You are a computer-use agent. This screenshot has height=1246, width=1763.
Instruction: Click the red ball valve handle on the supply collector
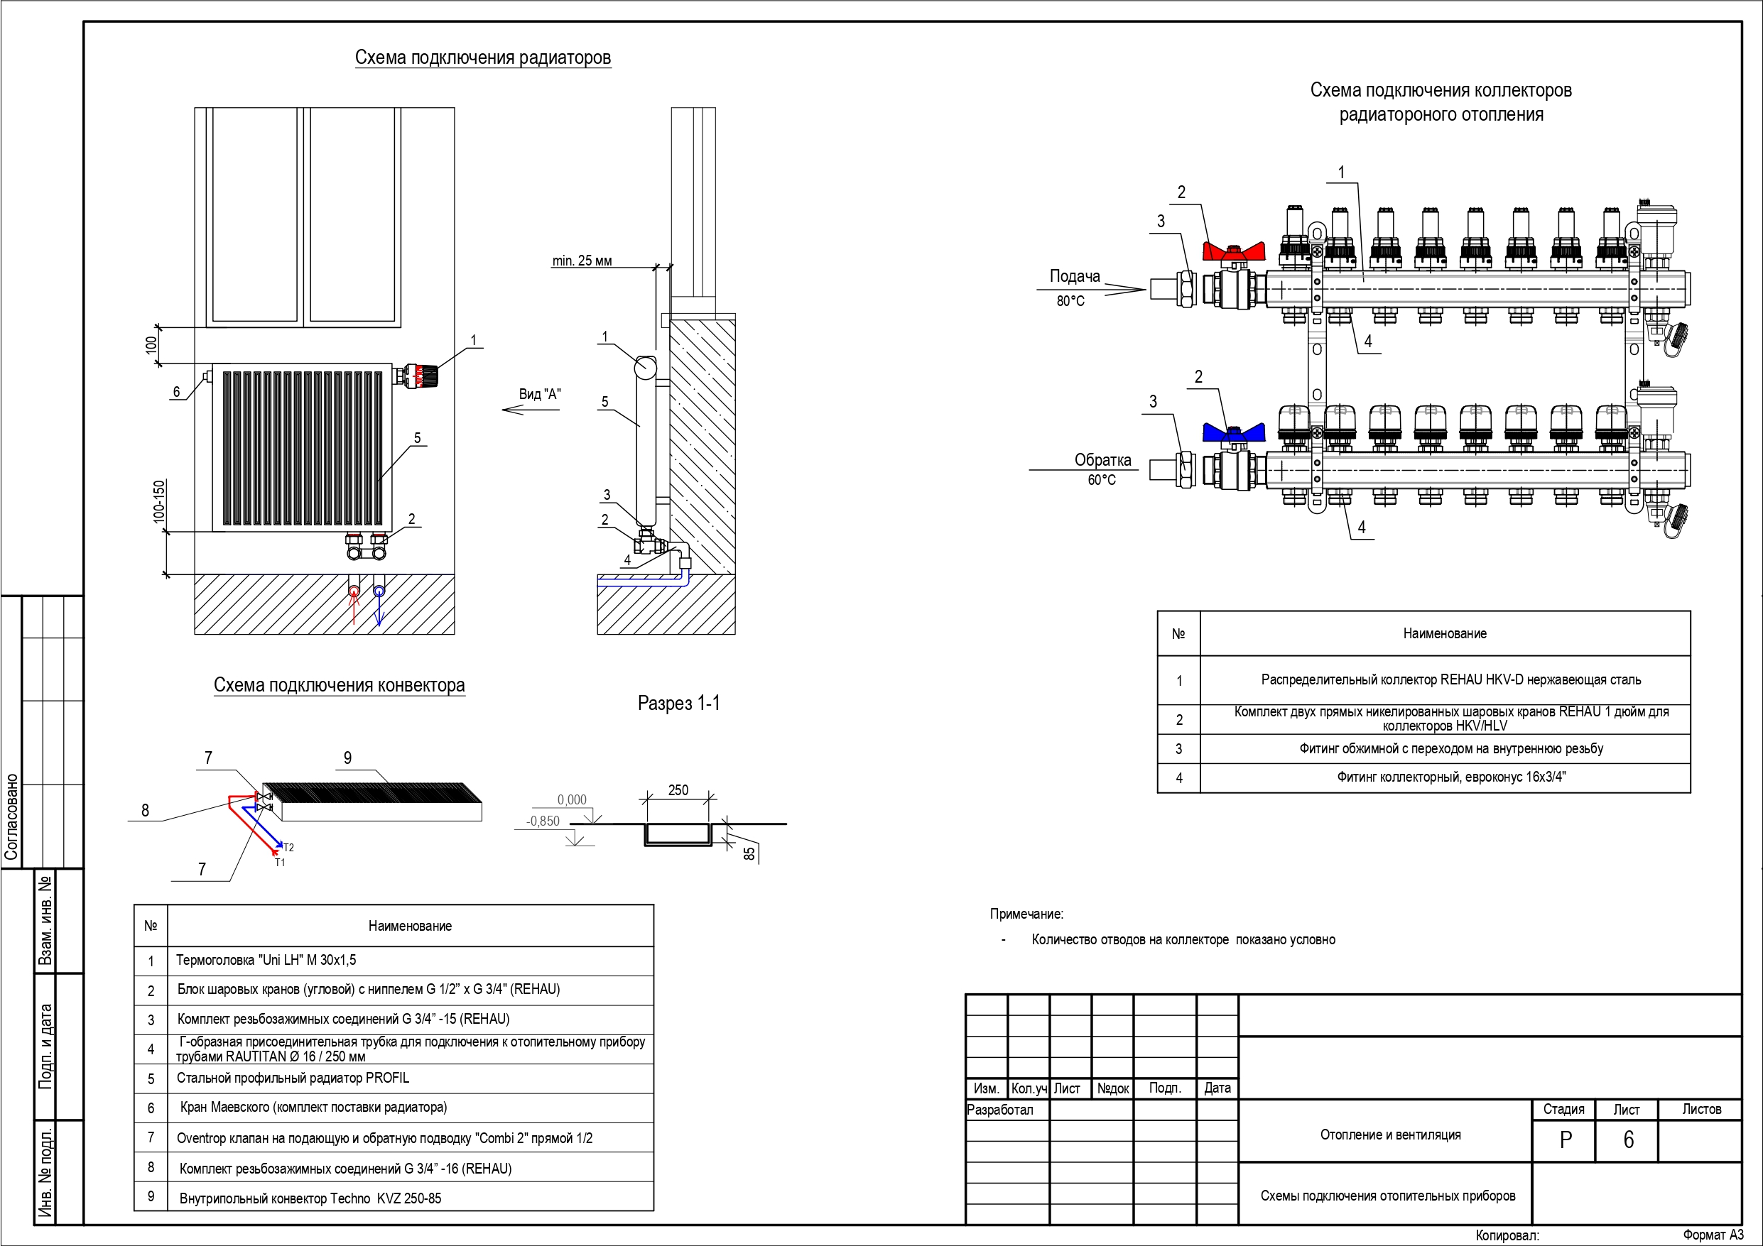click(x=1233, y=251)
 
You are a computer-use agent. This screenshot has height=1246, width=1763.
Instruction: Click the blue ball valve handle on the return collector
click(x=1233, y=432)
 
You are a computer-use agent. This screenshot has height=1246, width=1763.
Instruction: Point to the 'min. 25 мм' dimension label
click(x=582, y=261)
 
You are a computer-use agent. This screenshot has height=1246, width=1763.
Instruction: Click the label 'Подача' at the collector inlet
click(x=1075, y=276)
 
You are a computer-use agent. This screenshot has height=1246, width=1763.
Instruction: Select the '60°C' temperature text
click(x=1102, y=480)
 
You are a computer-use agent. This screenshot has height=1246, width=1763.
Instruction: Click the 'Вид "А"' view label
click(x=540, y=394)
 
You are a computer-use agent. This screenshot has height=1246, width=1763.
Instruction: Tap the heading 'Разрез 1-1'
click(x=679, y=703)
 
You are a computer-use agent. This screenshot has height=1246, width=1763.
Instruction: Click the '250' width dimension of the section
click(x=678, y=790)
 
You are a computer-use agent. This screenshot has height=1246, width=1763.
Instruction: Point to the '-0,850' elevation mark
click(x=543, y=821)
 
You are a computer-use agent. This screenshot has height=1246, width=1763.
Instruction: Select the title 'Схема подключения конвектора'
click(x=340, y=685)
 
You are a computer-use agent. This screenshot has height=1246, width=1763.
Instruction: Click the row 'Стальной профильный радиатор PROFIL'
click(x=293, y=1078)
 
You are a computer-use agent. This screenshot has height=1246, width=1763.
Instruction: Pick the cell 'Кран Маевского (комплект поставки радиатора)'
click(x=313, y=1107)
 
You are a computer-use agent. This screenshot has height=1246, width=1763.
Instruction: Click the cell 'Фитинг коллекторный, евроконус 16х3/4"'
click(x=1451, y=777)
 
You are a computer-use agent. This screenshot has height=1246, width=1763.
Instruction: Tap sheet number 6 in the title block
click(x=1628, y=1140)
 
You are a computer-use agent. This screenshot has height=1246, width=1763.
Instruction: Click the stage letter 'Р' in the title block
click(x=1566, y=1140)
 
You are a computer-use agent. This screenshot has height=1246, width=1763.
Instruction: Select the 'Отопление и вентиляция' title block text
click(x=1391, y=1135)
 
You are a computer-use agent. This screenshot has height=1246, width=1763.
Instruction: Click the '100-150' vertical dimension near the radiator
click(x=159, y=502)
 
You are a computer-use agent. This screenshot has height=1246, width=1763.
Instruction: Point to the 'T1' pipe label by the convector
click(x=281, y=862)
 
